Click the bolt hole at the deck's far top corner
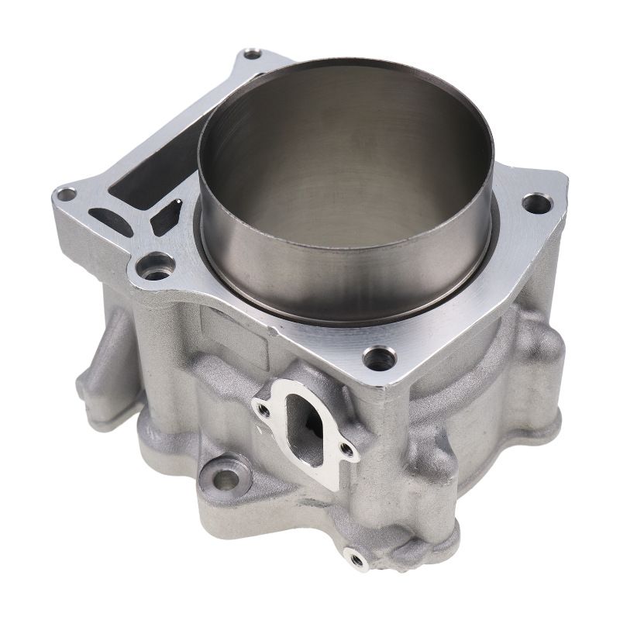(x=253, y=54)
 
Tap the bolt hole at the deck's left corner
(x=67, y=194)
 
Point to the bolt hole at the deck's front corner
(x=377, y=357)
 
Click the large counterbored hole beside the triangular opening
(x=156, y=267)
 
